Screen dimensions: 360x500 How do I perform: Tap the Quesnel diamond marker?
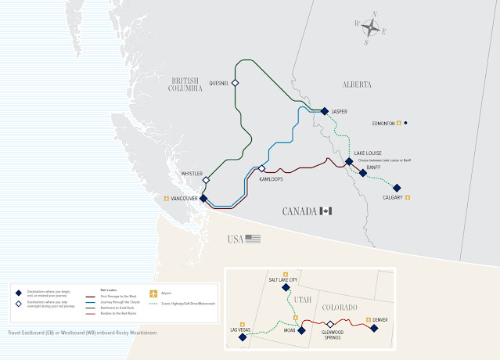234,82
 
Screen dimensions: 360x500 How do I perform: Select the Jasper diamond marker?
324,111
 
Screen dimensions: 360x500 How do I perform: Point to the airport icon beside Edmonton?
398,123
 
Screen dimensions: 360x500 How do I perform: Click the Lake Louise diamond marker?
349,162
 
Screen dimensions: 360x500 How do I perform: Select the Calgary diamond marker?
397,188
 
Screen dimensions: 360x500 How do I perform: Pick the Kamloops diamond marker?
262,169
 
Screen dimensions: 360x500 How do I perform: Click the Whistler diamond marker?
206,180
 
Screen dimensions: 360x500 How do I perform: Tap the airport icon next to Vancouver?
166,199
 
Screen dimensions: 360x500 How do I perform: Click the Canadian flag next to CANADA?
326,211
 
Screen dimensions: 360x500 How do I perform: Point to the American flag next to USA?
252,239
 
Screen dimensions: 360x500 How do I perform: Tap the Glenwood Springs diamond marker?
330,324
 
